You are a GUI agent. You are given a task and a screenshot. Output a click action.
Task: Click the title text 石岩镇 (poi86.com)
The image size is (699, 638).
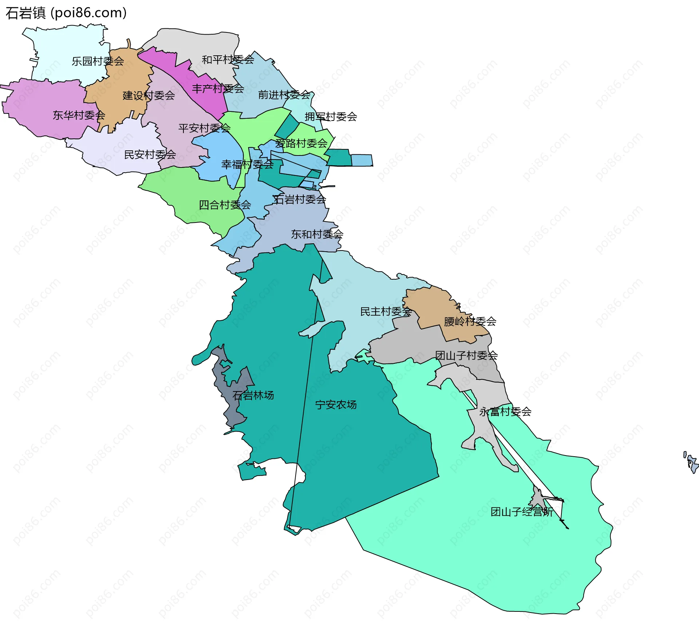tap(66, 13)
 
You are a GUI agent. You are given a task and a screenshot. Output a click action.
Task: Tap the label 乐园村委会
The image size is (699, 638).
tap(98, 61)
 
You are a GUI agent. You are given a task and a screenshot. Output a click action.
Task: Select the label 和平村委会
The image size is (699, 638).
tap(228, 60)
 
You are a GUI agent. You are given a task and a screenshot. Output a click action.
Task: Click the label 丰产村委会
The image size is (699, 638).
tap(218, 88)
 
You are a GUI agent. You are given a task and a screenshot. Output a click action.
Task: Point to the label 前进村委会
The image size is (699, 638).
tap(284, 95)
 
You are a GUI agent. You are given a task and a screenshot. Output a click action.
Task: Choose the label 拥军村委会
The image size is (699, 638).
tap(331, 117)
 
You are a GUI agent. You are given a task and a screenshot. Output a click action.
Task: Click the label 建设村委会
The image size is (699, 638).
tap(149, 96)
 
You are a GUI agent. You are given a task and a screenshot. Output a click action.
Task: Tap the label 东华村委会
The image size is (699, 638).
tap(79, 115)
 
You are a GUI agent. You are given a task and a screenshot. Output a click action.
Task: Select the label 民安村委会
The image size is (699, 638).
tap(150, 155)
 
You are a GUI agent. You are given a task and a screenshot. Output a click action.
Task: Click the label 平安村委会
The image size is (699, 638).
tap(204, 128)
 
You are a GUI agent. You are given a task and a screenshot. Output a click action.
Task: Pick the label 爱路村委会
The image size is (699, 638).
tap(301, 143)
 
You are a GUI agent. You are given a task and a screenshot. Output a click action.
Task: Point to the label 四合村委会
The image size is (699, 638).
tap(225, 205)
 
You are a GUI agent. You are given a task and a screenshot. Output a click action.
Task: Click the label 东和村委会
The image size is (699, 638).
tap(317, 234)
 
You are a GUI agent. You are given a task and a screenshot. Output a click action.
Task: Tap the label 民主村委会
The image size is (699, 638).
tap(386, 312)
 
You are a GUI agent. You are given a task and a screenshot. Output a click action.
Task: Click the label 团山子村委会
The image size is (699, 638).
tap(466, 355)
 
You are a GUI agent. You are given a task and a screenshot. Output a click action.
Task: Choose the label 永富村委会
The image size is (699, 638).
tap(505, 412)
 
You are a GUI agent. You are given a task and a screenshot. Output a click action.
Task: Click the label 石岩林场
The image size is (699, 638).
tap(253, 395)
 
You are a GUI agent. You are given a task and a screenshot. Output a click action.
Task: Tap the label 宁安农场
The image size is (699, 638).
tap(336, 405)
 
